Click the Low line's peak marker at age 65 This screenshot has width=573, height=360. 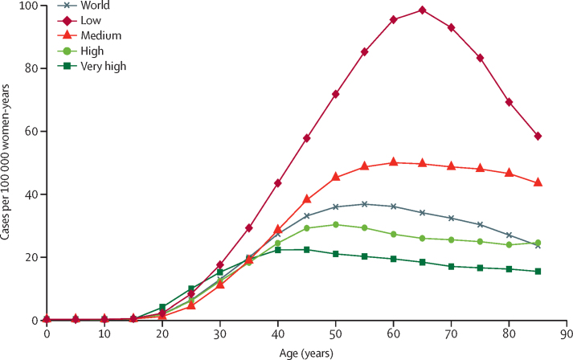(423, 10)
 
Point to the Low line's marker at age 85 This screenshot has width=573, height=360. (538, 136)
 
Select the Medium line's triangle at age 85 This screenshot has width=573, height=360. (538, 182)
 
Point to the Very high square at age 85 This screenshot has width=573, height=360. (538, 271)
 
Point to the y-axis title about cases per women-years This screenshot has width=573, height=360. (7, 163)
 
